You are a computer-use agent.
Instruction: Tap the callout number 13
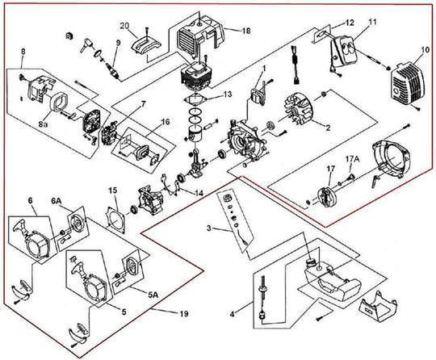click(227, 94)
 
